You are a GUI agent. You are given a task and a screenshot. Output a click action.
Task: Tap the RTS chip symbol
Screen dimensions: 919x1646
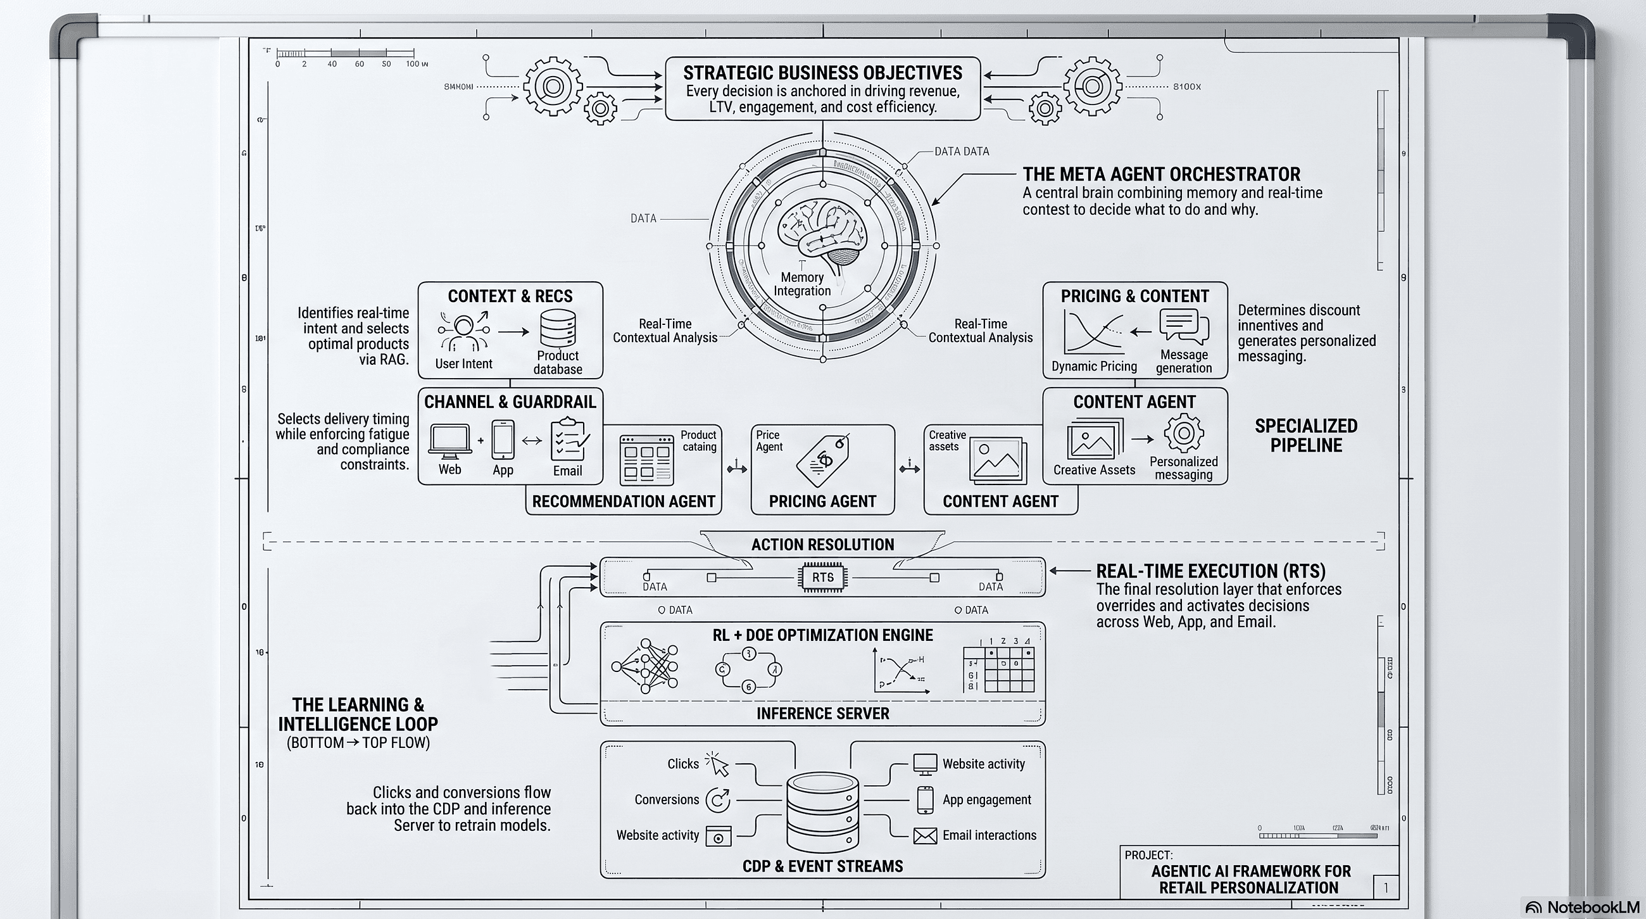(x=822, y=577)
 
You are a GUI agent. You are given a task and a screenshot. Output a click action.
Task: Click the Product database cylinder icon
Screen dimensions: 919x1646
(x=557, y=328)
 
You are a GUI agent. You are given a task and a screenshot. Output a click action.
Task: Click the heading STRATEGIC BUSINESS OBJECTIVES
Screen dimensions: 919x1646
(x=822, y=73)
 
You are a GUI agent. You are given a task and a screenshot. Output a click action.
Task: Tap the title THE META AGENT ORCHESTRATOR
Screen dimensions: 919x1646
(x=1160, y=174)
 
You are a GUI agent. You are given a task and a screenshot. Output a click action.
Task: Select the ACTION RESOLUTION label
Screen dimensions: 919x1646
(x=822, y=545)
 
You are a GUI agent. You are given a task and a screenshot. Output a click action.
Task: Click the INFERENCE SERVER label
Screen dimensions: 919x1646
(x=822, y=713)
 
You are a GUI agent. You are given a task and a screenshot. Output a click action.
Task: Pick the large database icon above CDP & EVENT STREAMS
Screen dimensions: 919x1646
(x=822, y=811)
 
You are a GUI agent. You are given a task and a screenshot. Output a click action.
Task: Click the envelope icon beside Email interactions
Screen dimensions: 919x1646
(x=924, y=835)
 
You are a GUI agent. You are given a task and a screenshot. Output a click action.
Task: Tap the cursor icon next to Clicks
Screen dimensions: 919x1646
(x=717, y=763)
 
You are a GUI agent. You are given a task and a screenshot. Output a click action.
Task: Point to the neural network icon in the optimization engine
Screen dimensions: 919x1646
(x=645, y=665)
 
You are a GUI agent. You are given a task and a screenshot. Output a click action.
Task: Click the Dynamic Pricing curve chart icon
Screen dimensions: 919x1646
(x=1093, y=332)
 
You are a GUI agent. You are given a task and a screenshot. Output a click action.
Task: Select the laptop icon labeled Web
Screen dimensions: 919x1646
(x=450, y=440)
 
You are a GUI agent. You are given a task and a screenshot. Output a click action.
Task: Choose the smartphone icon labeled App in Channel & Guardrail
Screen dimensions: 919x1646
(x=503, y=440)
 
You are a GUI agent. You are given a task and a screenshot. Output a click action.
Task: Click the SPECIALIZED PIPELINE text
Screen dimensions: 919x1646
(x=1305, y=435)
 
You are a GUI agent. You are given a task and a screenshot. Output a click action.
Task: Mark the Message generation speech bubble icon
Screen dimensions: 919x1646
(x=1183, y=327)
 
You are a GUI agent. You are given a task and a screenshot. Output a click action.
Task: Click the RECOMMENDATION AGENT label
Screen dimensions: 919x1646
(x=623, y=502)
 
